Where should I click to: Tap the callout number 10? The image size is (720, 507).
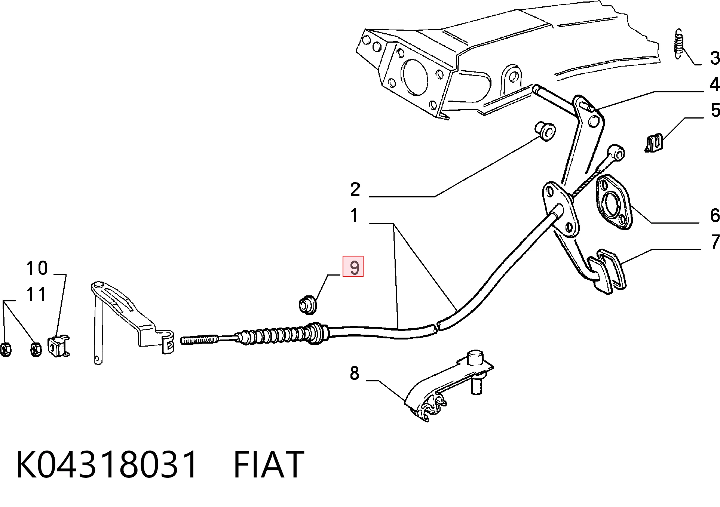[37, 268]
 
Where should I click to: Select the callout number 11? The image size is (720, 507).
[36, 295]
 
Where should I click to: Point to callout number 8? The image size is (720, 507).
[355, 373]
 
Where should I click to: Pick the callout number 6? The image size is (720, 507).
[714, 216]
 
